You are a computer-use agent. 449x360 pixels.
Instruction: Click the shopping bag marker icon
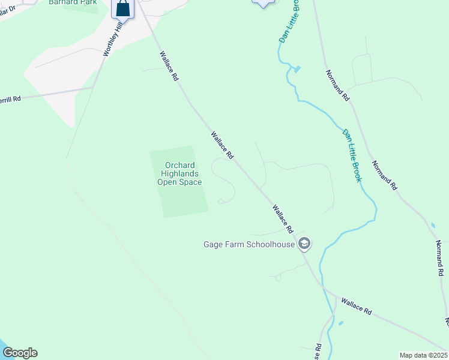coord(122,8)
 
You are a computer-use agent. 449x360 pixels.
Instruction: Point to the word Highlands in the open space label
coord(179,174)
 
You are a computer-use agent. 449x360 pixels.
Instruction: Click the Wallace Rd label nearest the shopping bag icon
coord(169,67)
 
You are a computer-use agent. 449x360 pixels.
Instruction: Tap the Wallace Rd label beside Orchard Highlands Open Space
coord(221,145)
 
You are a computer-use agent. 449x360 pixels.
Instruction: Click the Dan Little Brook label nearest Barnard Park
coord(289,22)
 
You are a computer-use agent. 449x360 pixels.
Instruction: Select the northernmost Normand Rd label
coord(337,85)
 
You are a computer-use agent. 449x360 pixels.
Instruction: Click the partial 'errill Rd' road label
coord(11,99)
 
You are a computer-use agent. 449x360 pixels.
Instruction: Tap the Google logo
coord(20,353)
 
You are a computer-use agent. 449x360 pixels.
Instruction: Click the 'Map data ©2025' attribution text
coord(423,355)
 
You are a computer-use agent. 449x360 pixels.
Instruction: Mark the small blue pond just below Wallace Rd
coord(341,323)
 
